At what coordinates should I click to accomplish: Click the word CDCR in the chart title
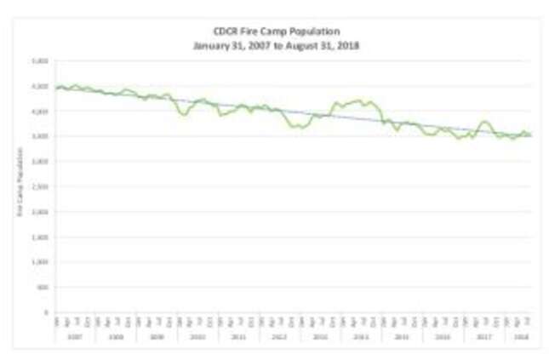pos(224,31)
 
